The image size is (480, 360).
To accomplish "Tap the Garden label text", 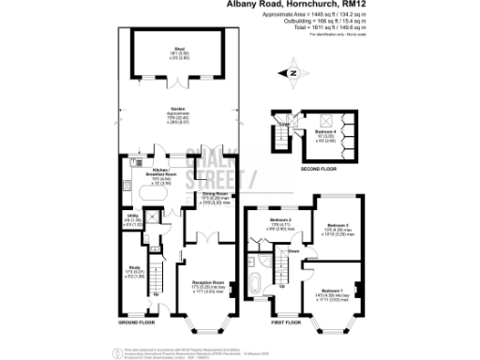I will click(177, 110).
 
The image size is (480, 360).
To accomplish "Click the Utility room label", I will click(134, 219).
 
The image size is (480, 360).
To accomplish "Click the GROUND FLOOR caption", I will click(139, 321).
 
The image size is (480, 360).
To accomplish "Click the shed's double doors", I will click(176, 78).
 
